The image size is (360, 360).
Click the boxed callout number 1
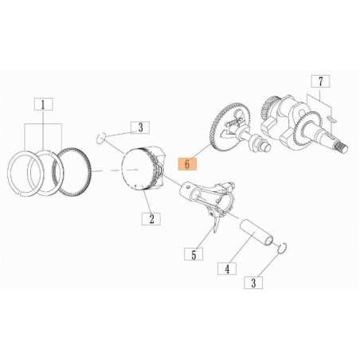(43, 104)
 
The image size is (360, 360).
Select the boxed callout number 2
(149, 217)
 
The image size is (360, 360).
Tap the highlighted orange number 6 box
(187, 164)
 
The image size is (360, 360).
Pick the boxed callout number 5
(192, 255)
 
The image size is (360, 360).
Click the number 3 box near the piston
(139, 127)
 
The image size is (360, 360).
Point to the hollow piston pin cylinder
(260, 235)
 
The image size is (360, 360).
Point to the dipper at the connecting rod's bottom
(214, 228)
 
